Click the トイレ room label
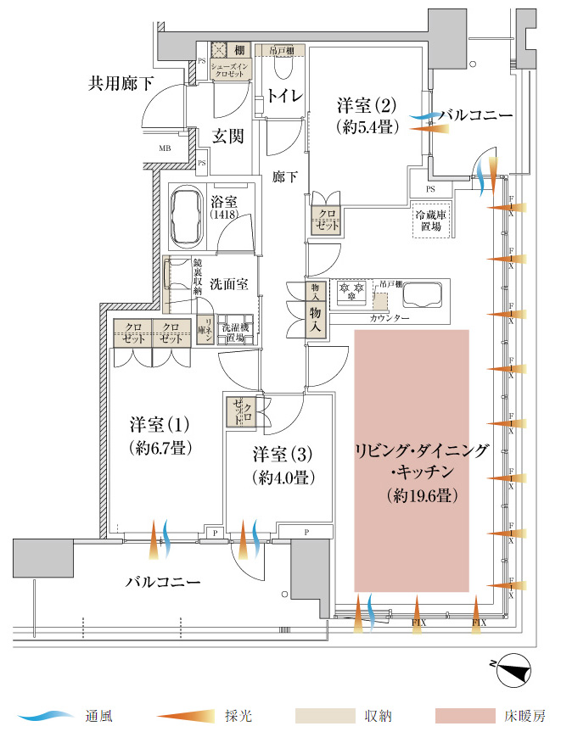point(284,96)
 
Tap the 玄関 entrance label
point(228,136)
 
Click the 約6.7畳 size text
point(159,446)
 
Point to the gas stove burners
point(351,293)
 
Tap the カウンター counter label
point(390,317)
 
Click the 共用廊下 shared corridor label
point(123,83)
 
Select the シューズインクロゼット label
point(228,71)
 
